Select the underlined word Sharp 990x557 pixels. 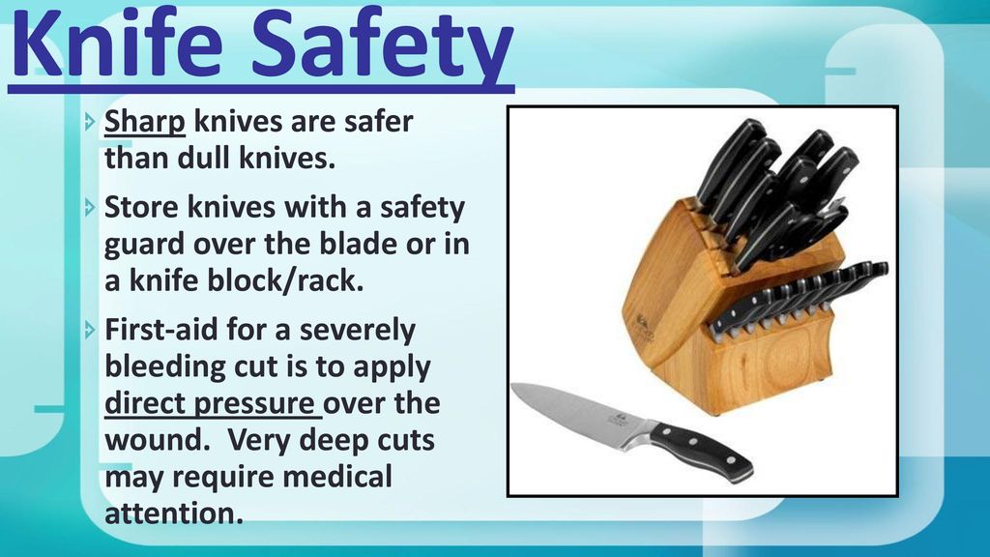[145, 123]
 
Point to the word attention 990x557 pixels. [174, 513]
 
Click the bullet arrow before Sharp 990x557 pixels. [90, 121]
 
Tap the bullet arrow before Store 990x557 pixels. [90, 207]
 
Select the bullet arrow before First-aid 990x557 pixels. [90, 329]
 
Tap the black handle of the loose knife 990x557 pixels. [701, 452]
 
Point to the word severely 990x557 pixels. [358, 331]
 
